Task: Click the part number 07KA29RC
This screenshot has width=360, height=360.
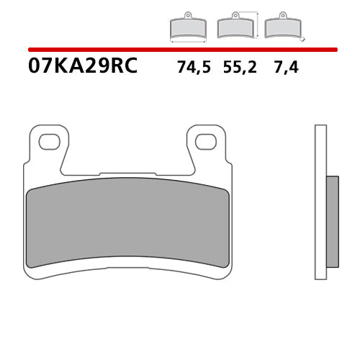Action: [82, 67]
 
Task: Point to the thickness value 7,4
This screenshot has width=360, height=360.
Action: [285, 68]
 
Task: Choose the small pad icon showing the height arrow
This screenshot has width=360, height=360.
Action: [236, 27]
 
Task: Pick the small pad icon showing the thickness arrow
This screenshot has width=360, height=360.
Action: [283, 27]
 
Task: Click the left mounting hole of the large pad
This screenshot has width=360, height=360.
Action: [50, 142]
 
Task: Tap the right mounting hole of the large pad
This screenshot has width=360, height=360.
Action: [207, 142]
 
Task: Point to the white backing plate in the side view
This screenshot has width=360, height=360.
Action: [320, 202]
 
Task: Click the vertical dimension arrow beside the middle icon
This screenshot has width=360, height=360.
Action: [258, 24]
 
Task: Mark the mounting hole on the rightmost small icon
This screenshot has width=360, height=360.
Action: [283, 15]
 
